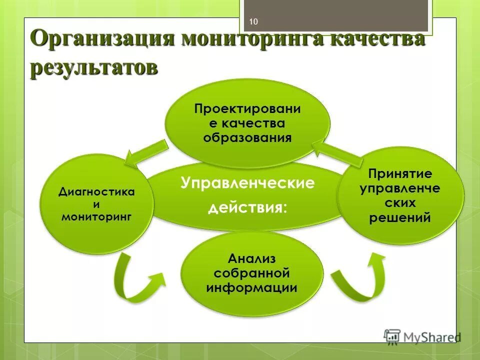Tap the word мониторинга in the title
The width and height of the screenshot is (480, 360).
pos(250,39)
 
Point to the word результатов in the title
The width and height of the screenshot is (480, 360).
pos(93,67)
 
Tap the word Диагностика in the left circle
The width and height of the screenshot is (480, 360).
pos(96,192)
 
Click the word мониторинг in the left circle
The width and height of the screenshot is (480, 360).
pos(96,216)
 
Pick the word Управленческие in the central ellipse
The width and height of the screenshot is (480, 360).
pos(247,183)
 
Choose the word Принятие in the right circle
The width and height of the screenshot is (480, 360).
pos(399,174)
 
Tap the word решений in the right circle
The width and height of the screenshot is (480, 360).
pos(399,218)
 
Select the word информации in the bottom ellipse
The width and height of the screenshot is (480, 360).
pos(251,288)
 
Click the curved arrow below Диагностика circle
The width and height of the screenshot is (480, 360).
pos(135,282)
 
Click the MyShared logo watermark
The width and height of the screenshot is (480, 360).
pos(422,336)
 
